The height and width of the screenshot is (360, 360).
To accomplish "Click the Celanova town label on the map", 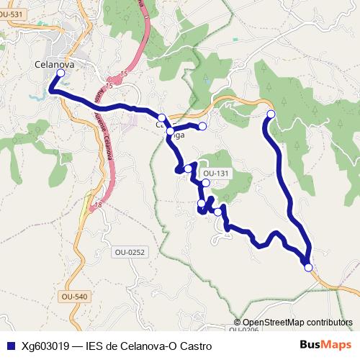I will [55, 63].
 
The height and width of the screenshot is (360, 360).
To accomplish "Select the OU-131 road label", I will [216, 174].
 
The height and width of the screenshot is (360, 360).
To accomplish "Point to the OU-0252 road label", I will [130, 252].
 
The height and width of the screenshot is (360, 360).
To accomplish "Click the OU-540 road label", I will [74, 297].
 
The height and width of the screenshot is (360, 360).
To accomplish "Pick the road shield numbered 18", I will [98, 205].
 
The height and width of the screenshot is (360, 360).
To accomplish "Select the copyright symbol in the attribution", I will [238, 323].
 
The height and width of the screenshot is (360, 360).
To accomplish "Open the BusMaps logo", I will [325, 345].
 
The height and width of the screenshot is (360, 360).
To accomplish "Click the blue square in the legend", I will [10, 346].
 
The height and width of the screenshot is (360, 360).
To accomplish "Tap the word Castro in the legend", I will [194, 346].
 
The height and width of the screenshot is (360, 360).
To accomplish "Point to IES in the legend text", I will [94, 346].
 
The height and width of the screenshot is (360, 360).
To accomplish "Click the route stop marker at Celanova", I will [60, 73].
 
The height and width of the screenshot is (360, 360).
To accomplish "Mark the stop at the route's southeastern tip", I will [309, 267].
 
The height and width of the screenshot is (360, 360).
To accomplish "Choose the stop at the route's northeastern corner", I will [271, 114].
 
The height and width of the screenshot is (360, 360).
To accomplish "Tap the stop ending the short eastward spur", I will [202, 127].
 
